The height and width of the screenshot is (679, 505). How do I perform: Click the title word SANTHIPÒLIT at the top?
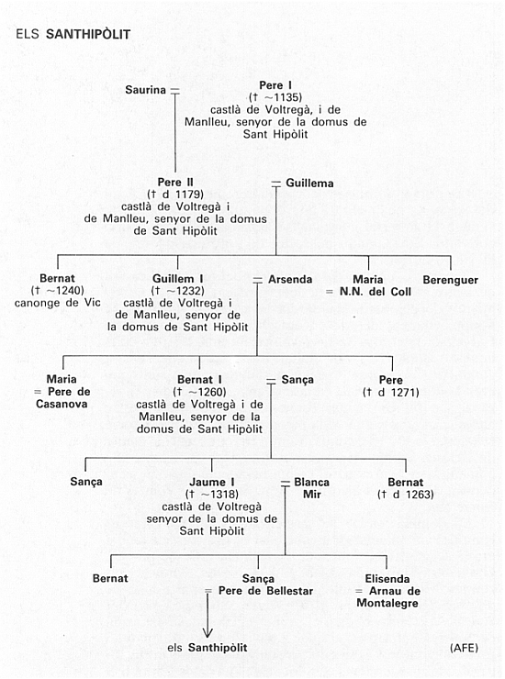coord(88,35)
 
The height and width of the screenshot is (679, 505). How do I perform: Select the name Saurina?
coord(146,90)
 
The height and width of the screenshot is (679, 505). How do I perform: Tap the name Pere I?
coord(275,85)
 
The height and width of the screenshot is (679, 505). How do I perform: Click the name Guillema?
coord(309,184)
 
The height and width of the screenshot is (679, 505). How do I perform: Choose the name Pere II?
coord(175,183)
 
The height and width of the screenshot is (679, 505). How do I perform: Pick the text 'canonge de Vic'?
coord(57,303)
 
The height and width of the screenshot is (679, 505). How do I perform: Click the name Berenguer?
coord(451,280)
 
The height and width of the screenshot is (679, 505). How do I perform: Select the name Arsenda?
coord(290,279)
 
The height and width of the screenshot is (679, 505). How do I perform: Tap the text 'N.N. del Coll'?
coord(376,292)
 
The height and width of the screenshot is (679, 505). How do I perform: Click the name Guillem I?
coord(178,279)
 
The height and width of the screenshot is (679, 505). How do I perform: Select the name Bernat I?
coord(199,380)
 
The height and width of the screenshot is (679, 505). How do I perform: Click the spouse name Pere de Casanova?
coord(62,397)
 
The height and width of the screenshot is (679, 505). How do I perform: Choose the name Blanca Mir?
coord(311,488)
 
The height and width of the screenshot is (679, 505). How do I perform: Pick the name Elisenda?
coord(387,579)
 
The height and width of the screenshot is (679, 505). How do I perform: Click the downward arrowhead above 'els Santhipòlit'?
coord(208,633)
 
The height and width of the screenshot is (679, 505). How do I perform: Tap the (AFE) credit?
coord(464,648)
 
